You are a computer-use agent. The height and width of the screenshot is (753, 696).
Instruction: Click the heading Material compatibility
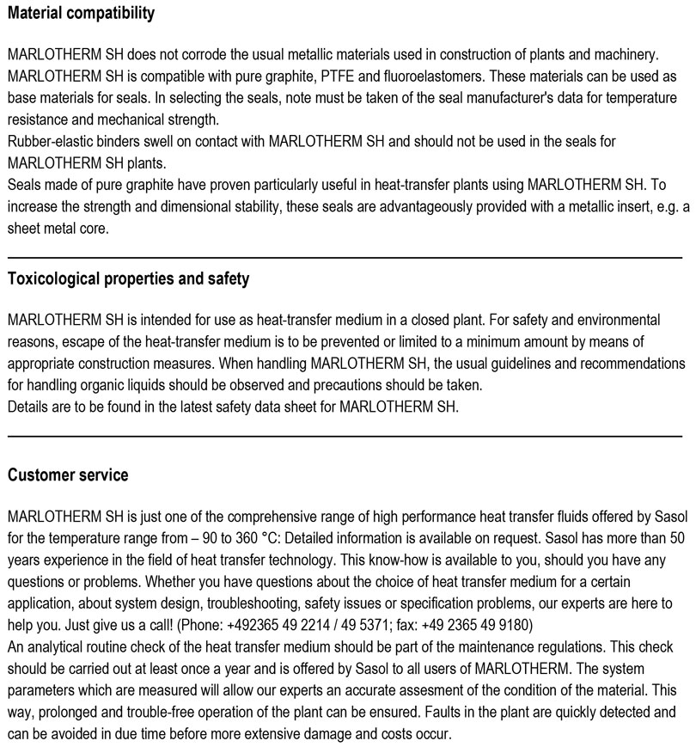point(81,13)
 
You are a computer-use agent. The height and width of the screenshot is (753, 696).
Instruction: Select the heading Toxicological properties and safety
point(128,279)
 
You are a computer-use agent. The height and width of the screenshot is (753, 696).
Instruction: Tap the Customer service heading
point(68,475)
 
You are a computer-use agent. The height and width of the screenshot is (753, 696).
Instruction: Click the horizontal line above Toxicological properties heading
point(345,257)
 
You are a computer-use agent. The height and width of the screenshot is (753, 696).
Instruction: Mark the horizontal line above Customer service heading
point(345,437)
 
